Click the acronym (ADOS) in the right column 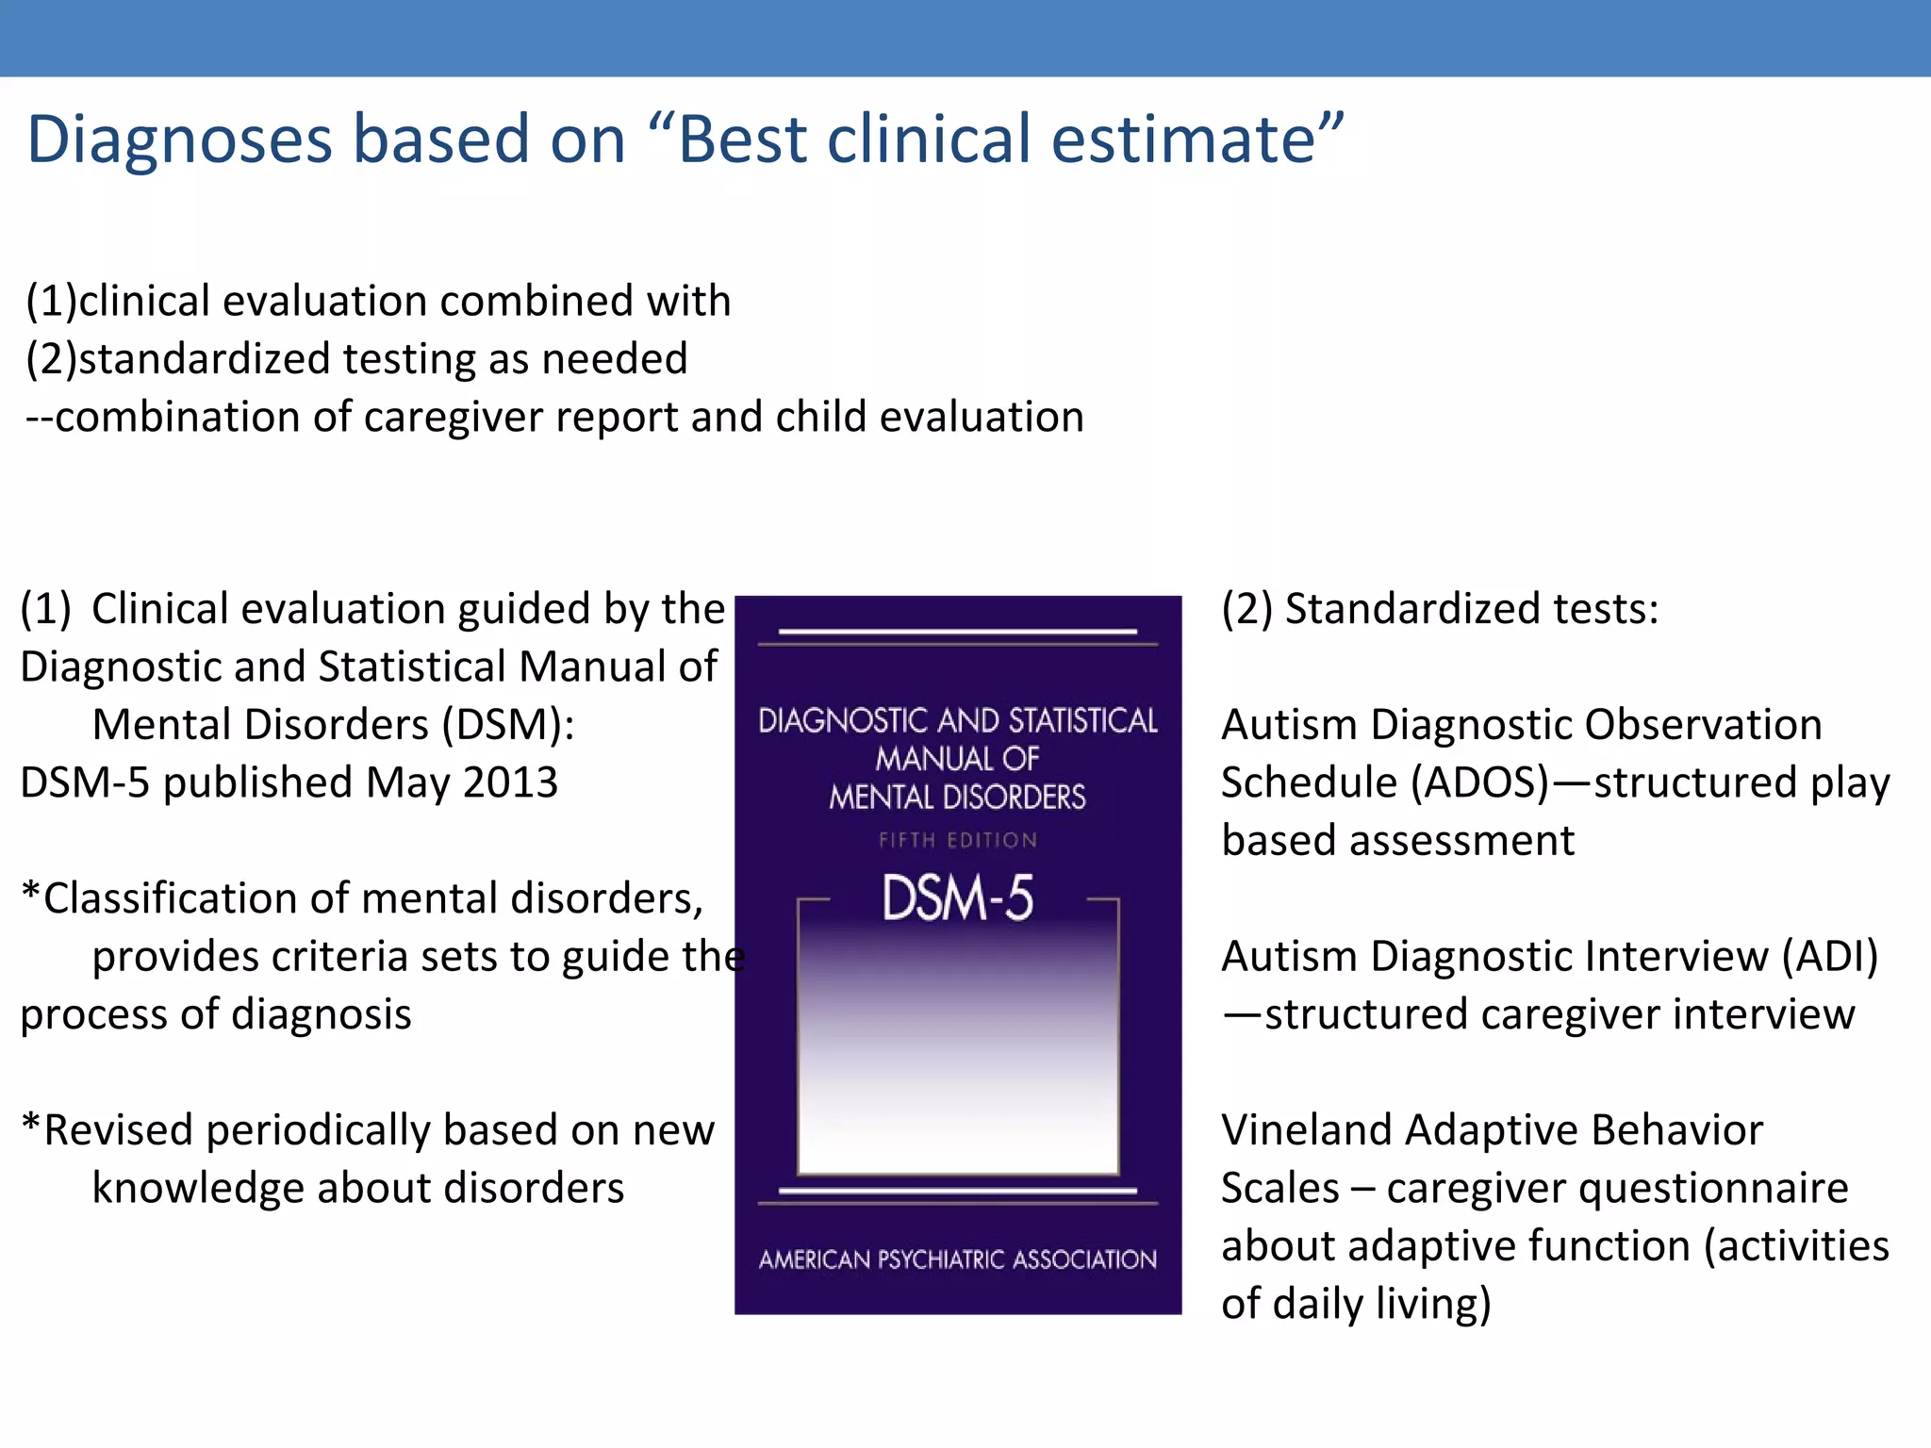tap(1479, 782)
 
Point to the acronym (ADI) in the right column tap(1829, 956)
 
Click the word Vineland tap(1305, 1129)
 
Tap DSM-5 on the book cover tap(957, 897)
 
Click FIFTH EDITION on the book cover tap(957, 840)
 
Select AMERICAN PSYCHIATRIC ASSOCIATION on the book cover tap(957, 1259)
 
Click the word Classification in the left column tap(169, 898)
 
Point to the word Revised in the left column tap(118, 1130)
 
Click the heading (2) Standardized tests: tap(1440, 609)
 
